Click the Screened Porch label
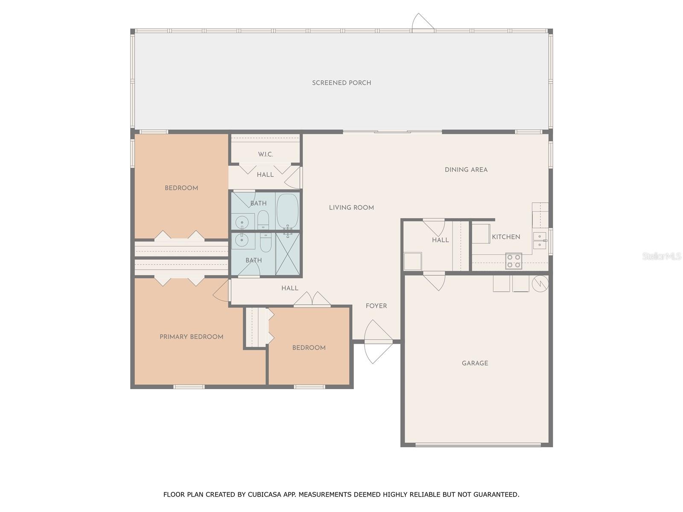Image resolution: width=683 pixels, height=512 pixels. (341, 83)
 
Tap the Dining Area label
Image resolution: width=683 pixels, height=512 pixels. (466, 170)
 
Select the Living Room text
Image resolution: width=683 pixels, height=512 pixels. (351, 208)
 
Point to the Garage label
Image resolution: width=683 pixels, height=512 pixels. (475, 363)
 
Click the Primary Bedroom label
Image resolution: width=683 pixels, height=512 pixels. (191, 337)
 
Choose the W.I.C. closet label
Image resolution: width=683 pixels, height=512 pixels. (265, 154)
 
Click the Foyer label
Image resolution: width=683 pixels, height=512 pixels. (376, 306)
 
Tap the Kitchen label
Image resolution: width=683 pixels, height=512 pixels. (506, 237)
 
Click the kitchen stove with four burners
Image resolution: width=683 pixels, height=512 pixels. (514, 261)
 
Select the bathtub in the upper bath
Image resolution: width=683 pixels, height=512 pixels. (287, 211)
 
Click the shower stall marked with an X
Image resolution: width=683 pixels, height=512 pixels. (287, 254)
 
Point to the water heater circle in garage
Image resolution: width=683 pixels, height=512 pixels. (540, 284)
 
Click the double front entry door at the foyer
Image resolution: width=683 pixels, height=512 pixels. (378, 341)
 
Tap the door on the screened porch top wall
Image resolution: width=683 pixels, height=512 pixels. (423, 23)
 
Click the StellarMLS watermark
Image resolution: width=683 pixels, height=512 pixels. (661, 256)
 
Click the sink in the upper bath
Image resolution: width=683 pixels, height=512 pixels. (242, 222)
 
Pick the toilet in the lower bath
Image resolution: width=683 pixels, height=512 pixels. (265, 242)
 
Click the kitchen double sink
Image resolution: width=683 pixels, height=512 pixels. (540, 240)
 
